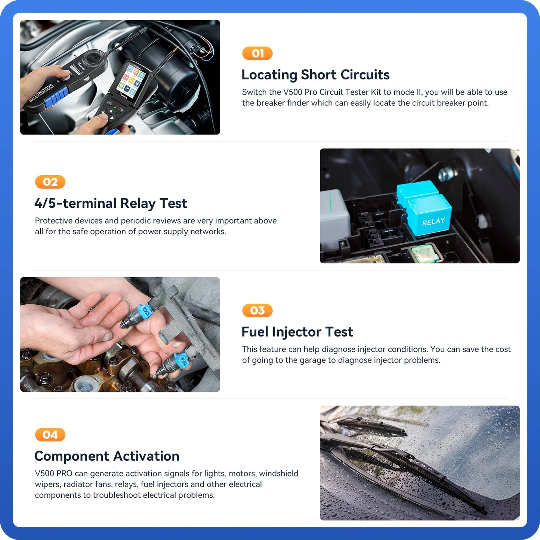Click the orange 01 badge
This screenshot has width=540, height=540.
(257, 53)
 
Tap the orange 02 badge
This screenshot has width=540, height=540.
(50, 182)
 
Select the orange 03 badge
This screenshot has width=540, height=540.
(257, 311)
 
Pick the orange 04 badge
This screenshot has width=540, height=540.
(50, 435)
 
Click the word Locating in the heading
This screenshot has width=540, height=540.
(269, 75)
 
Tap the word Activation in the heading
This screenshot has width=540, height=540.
(146, 456)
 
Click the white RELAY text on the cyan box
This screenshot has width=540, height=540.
(433, 222)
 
